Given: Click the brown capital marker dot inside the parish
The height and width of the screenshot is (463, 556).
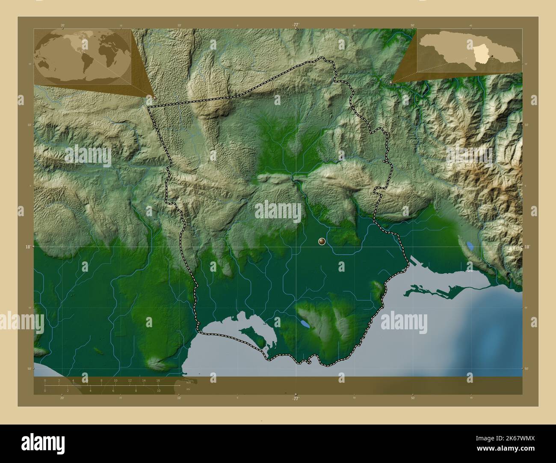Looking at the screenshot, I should coord(322,242).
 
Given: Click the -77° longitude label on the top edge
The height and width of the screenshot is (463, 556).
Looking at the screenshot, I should coord(296,25).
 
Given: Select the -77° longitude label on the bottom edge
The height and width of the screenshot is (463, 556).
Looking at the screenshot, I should coord(296,399).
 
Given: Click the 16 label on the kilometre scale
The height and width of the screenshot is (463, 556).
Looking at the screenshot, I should coord(158,380).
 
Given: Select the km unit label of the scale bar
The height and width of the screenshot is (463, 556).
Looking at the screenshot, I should coord(188,383).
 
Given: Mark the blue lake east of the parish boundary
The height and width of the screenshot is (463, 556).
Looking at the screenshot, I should coord(470,246).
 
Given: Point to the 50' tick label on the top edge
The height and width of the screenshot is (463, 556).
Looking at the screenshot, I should coord(412,25).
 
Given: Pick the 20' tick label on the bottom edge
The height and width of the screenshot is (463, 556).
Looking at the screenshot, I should coord(62,398).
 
